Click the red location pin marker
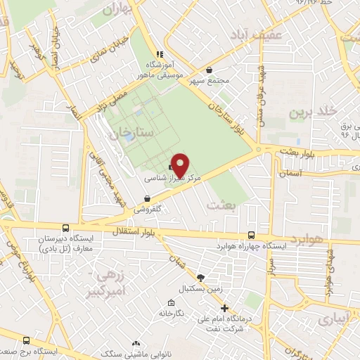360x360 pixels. coord(181,165)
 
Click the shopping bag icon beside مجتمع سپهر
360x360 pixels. coord(210,69)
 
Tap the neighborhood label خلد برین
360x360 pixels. coord(309,112)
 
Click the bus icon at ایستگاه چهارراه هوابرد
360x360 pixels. coord(252,236)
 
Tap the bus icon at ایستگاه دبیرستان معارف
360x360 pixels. coord(65,228)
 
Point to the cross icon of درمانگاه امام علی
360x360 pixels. coord(224,308)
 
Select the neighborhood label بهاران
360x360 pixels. coord(117,10)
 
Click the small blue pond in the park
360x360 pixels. coord(130,136)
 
